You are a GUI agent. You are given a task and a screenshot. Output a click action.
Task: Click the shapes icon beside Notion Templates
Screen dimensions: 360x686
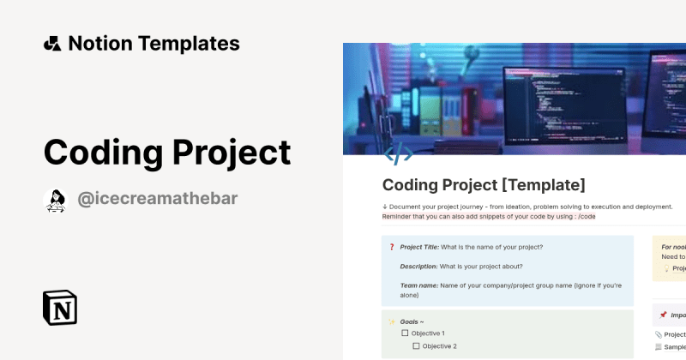(51, 44)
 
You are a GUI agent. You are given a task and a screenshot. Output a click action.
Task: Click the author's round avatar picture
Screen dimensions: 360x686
(55, 200)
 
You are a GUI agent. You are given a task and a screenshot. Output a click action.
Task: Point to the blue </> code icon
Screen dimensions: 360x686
(398, 154)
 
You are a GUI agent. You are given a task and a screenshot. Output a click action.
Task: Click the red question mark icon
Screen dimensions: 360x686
(391, 247)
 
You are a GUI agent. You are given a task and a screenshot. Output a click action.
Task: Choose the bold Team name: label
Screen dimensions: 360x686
(419, 285)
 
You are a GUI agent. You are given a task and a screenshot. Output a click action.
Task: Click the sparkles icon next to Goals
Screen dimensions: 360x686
(391, 321)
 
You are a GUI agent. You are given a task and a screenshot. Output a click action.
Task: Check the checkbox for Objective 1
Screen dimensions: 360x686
(406, 333)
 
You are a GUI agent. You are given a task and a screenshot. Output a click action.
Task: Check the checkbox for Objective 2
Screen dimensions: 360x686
(416, 346)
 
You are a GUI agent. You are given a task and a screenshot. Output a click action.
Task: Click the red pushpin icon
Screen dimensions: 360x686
(662, 315)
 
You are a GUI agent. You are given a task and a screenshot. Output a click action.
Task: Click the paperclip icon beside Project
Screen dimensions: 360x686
(658, 334)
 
